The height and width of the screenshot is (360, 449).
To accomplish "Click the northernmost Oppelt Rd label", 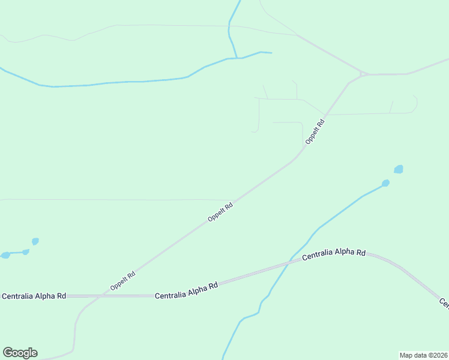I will (315, 132).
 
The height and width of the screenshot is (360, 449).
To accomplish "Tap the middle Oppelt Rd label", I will (220, 212).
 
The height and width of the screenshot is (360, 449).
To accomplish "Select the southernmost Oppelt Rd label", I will (123, 281).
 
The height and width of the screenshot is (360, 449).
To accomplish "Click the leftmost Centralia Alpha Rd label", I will (34, 296).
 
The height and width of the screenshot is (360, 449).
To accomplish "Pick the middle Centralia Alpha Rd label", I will (186, 292).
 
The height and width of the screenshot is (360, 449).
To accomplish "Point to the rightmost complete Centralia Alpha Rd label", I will (334, 254).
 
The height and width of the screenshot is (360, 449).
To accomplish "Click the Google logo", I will (20, 353).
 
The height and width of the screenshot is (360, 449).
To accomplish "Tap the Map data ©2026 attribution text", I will (423, 355).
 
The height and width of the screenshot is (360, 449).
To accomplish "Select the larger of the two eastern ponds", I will (399, 169).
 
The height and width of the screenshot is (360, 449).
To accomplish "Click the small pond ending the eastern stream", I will (385, 183).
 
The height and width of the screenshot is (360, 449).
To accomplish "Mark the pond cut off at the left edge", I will (5, 255).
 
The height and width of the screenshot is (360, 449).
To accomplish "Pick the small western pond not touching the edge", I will (35, 241).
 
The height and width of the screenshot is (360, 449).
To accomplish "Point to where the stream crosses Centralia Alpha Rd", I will (291, 261).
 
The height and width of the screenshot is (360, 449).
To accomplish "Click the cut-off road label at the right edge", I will (444, 303).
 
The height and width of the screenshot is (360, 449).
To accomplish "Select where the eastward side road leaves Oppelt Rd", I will (325, 114).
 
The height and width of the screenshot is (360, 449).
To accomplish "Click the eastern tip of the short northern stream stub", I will (271, 53).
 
